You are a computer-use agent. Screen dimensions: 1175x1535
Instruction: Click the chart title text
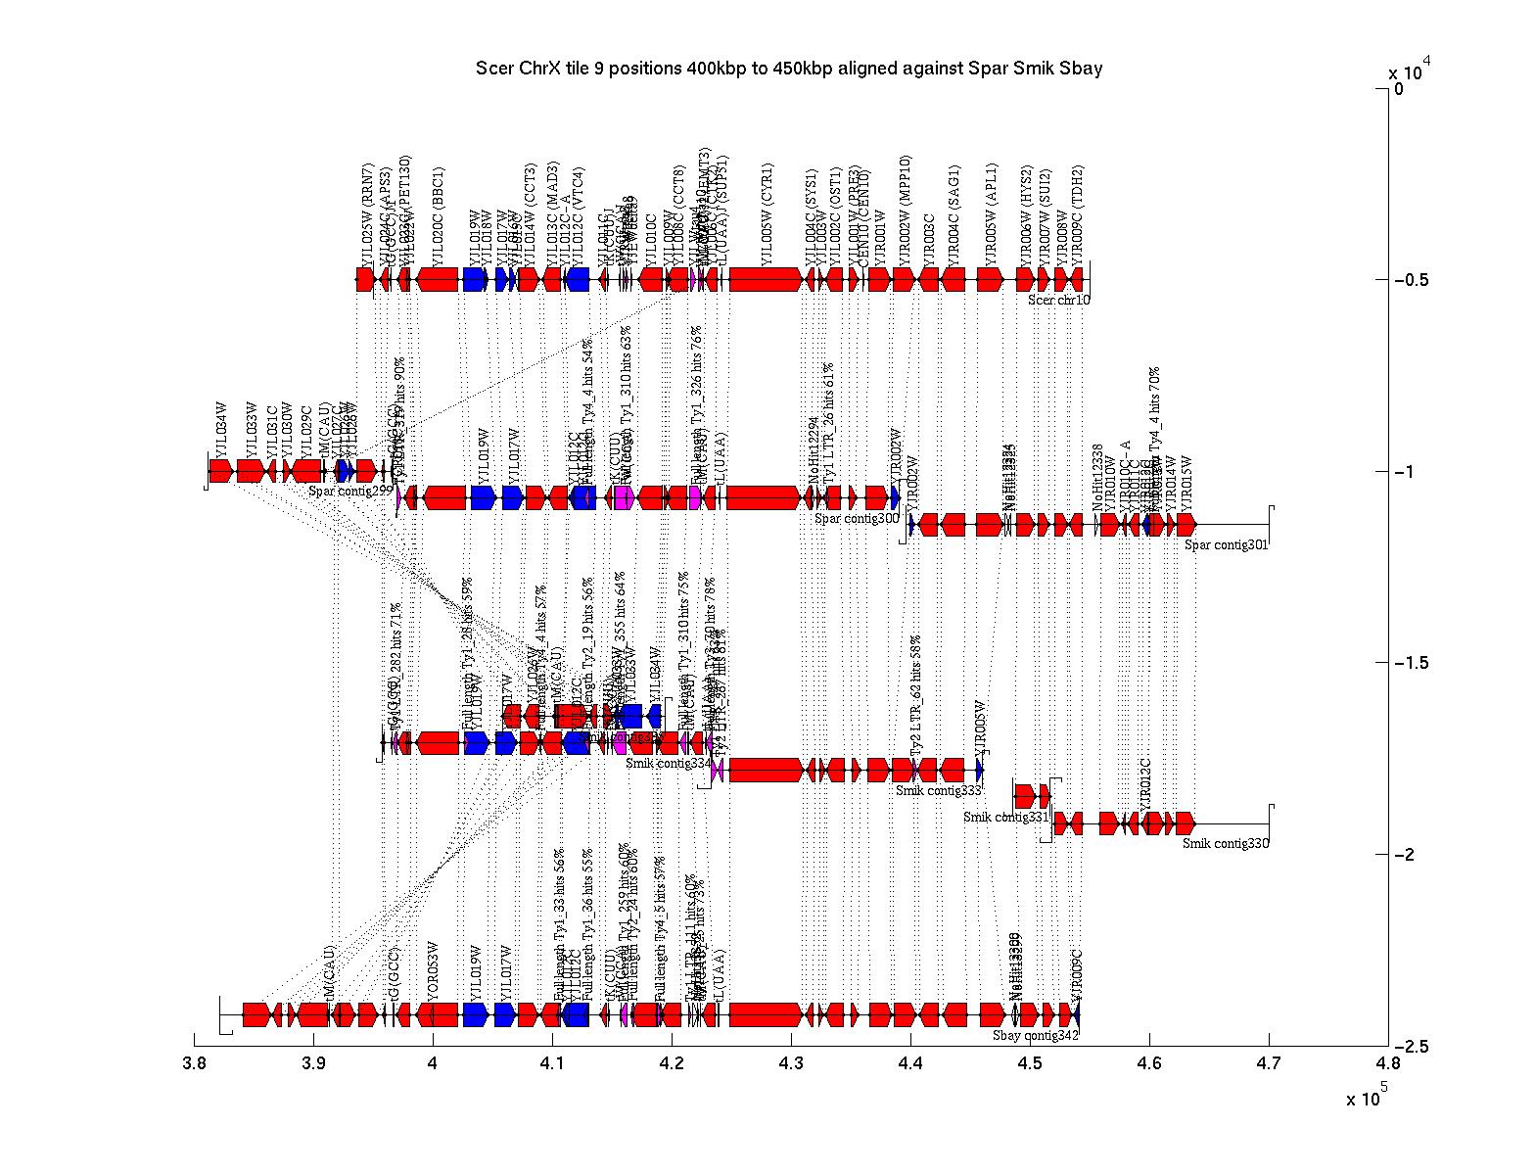click(789, 69)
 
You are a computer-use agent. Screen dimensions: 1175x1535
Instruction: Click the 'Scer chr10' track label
click(1058, 300)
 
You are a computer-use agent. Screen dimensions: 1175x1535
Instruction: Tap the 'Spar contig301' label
click(1226, 545)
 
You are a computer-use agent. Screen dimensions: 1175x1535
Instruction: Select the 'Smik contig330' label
click(1225, 843)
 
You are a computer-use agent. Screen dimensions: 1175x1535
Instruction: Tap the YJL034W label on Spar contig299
click(222, 427)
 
